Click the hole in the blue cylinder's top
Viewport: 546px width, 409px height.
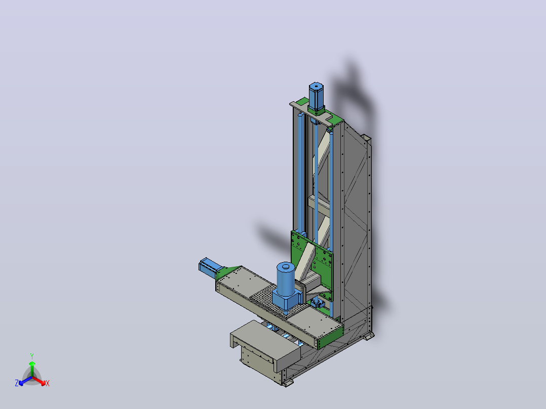click(x=286, y=267)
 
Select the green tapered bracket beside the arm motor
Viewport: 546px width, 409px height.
click(x=227, y=271)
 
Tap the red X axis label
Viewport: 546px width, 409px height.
click(x=48, y=383)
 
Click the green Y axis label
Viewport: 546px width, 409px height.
click(x=32, y=356)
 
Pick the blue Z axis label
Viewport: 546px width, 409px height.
click(x=17, y=383)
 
